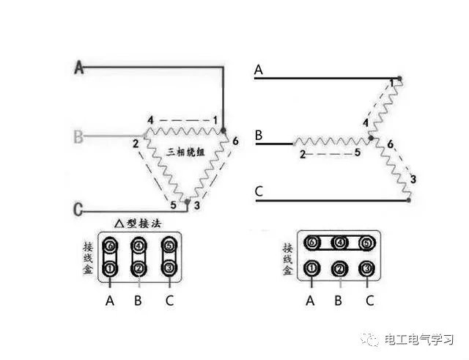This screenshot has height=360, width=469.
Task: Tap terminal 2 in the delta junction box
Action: click(x=139, y=269)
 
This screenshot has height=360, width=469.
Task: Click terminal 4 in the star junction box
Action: click(x=339, y=243)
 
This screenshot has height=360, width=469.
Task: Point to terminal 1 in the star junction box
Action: click(x=312, y=269)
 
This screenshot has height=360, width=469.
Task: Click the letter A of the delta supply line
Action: click(x=80, y=68)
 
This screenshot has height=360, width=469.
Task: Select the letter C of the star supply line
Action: click(x=259, y=193)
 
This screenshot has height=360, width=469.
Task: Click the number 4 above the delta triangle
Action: click(x=149, y=120)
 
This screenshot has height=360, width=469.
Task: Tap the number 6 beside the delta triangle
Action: click(x=234, y=139)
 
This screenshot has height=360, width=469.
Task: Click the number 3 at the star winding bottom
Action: click(x=413, y=179)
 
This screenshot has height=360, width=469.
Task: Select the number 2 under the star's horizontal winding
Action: click(x=302, y=154)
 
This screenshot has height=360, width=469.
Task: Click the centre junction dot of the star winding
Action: click(x=373, y=137)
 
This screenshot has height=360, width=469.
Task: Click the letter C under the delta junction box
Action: click(x=170, y=300)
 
